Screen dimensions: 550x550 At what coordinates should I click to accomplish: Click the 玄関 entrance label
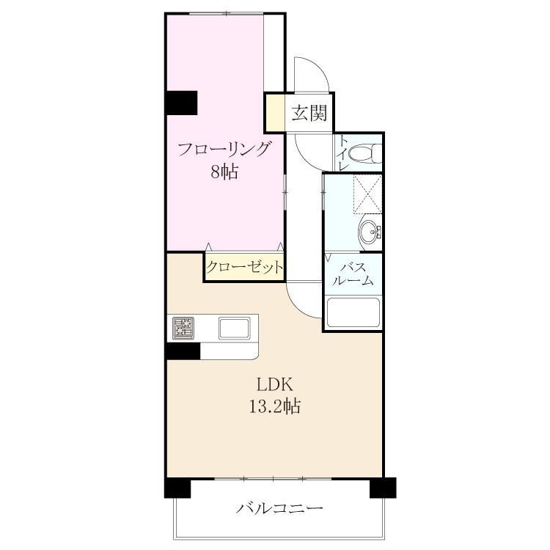[x=309, y=113]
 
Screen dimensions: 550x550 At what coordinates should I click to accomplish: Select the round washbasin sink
[x=370, y=232]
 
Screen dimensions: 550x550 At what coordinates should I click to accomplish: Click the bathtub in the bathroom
[x=353, y=313]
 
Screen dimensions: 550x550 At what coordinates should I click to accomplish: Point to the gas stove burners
[x=183, y=328]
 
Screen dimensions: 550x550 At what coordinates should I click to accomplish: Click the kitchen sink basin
[x=235, y=328]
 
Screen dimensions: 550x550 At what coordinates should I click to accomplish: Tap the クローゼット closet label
[x=244, y=268]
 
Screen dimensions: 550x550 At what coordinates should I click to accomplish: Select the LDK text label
[x=275, y=385]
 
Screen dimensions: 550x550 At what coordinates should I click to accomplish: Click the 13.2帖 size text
[x=275, y=406]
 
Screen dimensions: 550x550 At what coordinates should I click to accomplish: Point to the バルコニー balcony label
[x=279, y=508]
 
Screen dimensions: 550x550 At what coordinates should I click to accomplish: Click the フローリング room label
[x=225, y=150]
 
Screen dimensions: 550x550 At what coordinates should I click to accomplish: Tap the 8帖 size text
[x=224, y=172]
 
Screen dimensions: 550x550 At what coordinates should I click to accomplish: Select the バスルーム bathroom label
[x=352, y=274]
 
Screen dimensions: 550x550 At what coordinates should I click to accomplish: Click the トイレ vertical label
[x=342, y=154]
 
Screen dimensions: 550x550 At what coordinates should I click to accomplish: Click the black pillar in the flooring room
[x=181, y=103]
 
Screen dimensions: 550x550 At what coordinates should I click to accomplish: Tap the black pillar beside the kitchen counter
[x=183, y=351]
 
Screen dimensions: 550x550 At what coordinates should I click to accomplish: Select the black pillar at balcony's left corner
[x=177, y=488]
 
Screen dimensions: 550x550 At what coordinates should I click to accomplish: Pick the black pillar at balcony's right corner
[x=383, y=488]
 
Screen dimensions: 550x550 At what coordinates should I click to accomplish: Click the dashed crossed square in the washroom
[x=367, y=194]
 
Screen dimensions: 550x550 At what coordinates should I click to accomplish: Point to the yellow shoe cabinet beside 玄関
[x=275, y=113]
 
